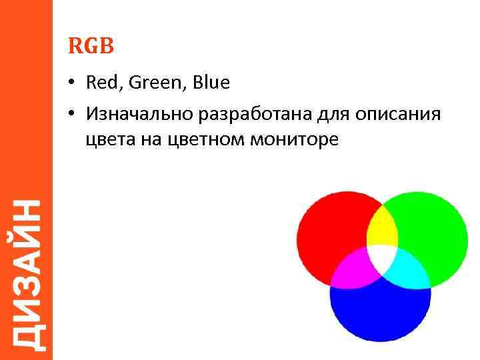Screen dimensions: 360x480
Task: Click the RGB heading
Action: click(91, 46)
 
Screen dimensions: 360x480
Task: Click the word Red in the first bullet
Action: click(101, 83)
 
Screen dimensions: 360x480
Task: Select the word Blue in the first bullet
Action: click(211, 83)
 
